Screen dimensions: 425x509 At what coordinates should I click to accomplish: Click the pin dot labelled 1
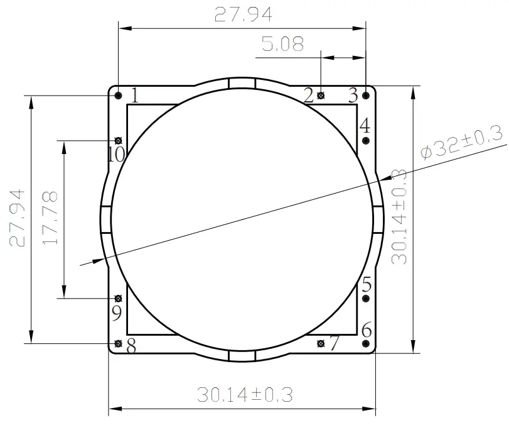[x=119, y=96]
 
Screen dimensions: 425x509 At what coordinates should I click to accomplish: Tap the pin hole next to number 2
[x=321, y=96]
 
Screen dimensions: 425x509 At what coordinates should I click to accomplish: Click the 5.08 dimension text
[x=282, y=45]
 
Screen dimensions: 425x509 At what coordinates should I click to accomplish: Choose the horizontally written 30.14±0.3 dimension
[x=245, y=395]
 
